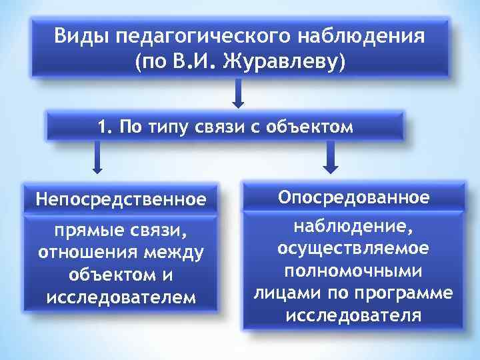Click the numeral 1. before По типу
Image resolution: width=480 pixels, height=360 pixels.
pos(105,126)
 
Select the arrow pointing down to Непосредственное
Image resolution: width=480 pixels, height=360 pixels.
pos(97,159)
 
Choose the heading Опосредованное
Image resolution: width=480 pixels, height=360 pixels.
pos(353,197)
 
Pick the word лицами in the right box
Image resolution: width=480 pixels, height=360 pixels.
pos(282,293)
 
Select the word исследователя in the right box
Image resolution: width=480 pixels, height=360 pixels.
pos(353,315)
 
